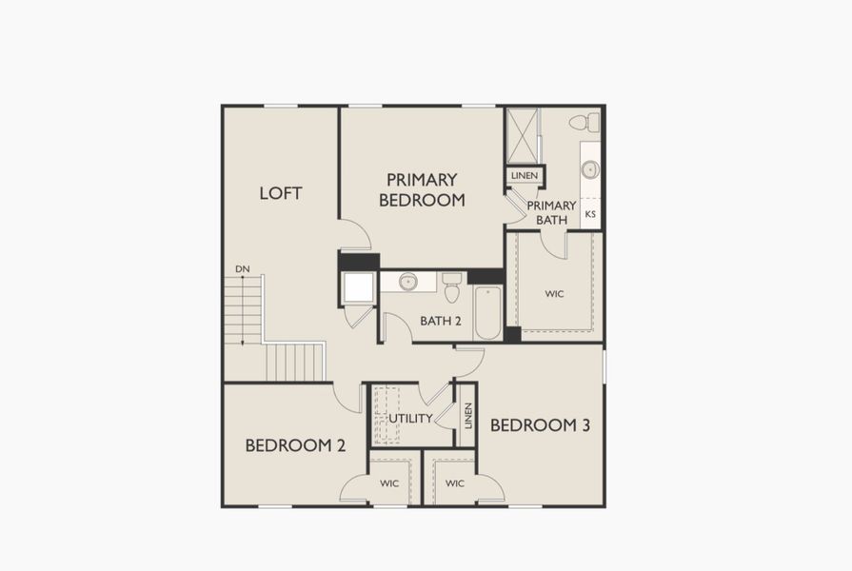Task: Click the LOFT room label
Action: (x=281, y=193)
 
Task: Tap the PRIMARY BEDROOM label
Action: (x=422, y=189)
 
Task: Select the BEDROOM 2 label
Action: (x=295, y=444)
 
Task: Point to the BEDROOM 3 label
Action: (x=540, y=424)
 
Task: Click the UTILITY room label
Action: (x=410, y=418)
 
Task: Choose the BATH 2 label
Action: (x=441, y=321)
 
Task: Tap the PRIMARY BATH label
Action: (x=551, y=212)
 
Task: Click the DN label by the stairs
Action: (x=243, y=269)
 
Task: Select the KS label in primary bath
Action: (x=590, y=214)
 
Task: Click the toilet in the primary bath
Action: (x=586, y=122)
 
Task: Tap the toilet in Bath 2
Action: (x=452, y=285)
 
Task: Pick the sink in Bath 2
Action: (x=408, y=282)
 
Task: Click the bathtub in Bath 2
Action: (x=487, y=311)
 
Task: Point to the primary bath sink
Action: (x=590, y=169)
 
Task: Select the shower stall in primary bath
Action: (x=523, y=136)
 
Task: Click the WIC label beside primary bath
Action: (x=554, y=294)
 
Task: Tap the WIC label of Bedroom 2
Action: (x=389, y=483)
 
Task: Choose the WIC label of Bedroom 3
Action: (x=455, y=483)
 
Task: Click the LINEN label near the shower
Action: (x=525, y=176)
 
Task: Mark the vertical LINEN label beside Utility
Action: (x=467, y=416)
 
